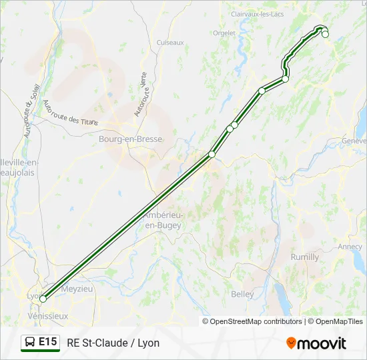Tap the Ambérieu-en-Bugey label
coord(164,221)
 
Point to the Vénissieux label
coord(48,315)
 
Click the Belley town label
coord(242,294)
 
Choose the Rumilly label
coord(305,257)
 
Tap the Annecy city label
coord(350,246)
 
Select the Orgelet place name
coord(224,32)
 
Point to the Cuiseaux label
coord(169,42)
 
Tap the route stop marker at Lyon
coord(43,299)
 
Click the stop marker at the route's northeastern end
coord(325,34)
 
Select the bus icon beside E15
coord(30,343)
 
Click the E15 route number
coord(48,343)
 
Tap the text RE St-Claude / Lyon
coord(113,343)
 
